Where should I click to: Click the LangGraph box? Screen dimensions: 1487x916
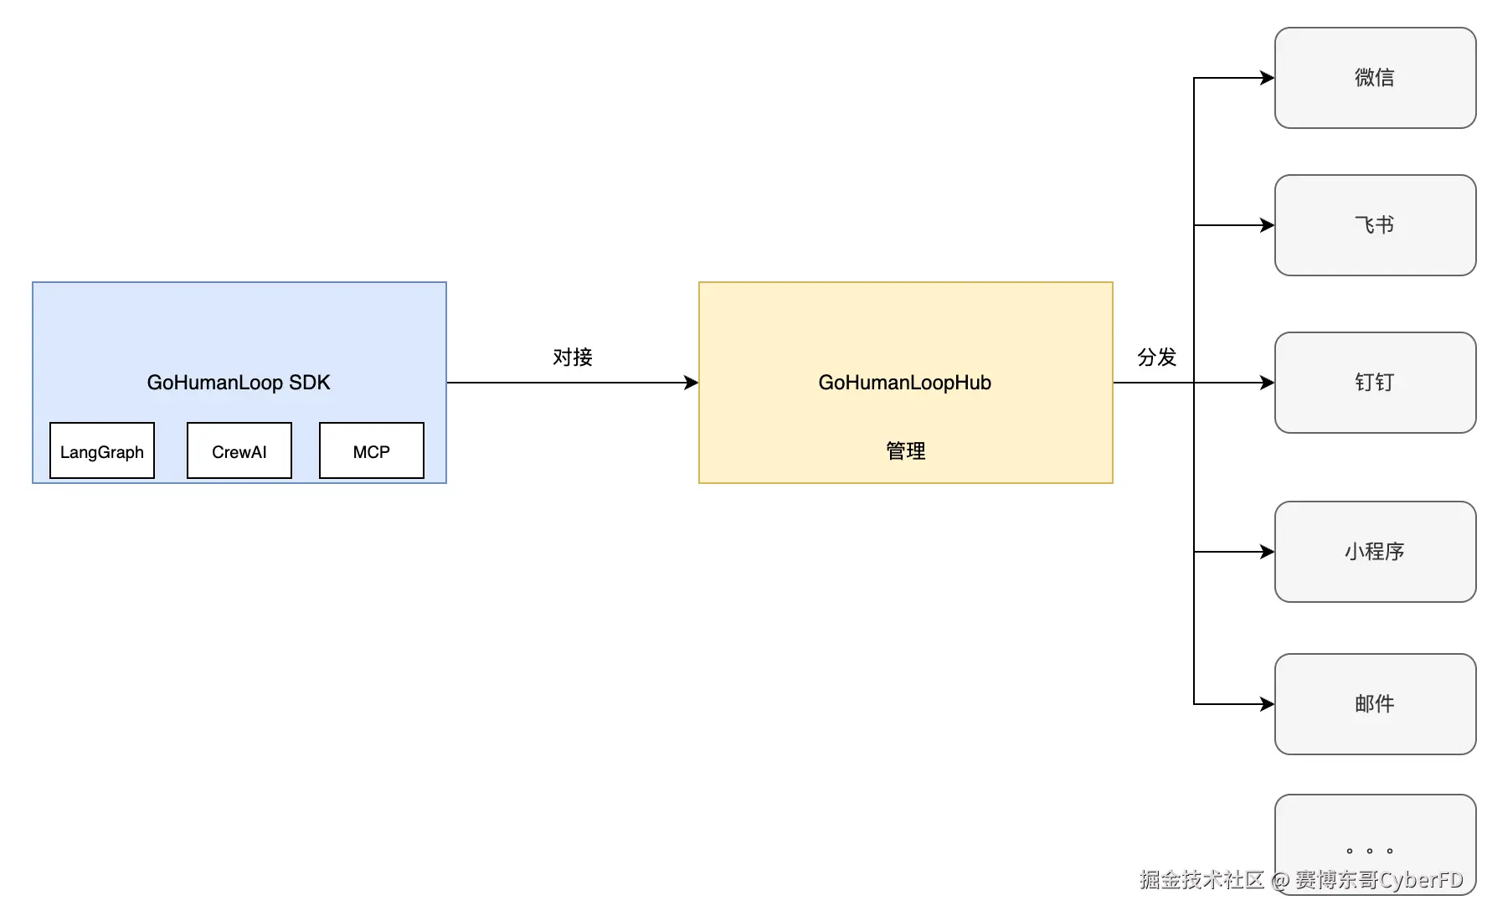(x=102, y=450)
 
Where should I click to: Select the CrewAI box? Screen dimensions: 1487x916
(x=239, y=450)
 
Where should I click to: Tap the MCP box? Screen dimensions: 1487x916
(x=372, y=450)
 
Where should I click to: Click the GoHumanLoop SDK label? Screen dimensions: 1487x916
(x=239, y=383)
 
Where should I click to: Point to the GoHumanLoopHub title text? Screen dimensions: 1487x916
(x=905, y=383)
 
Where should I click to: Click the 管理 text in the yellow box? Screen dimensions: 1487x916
(x=906, y=451)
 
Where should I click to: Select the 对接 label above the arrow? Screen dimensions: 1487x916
(x=573, y=358)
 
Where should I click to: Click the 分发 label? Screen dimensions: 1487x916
(x=1157, y=358)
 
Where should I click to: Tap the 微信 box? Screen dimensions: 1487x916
(x=1376, y=78)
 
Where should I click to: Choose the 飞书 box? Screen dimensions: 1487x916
(x=1376, y=225)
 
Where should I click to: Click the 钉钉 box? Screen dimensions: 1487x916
(x=1376, y=383)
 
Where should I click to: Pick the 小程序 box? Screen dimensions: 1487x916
(x=1376, y=552)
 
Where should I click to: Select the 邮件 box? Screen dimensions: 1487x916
(x=1376, y=704)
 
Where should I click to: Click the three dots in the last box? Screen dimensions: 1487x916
(x=1370, y=851)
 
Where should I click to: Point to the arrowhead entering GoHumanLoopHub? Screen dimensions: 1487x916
(x=692, y=383)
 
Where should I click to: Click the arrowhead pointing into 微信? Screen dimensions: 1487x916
(x=1268, y=78)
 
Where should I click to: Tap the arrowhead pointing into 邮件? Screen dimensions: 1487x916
(x=1268, y=704)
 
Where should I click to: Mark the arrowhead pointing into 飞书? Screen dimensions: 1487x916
(x=1268, y=225)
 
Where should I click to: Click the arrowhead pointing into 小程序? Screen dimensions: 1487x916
(x=1268, y=552)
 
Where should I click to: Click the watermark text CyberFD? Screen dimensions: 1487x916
(x=1421, y=880)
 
